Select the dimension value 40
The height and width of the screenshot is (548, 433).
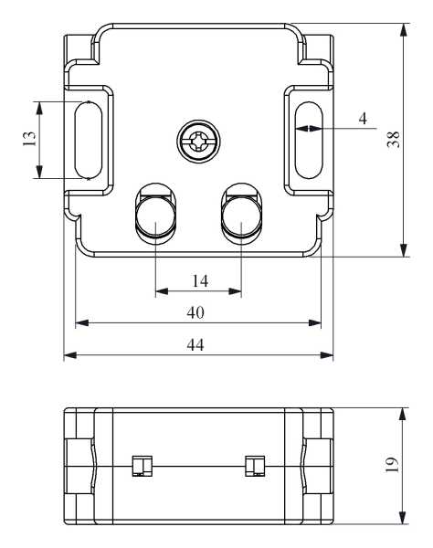tap(195, 311)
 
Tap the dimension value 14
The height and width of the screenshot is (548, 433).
tap(199, 280)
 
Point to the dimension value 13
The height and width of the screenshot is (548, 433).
tap(29, 140)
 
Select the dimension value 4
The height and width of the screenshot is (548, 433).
tap(363, 118)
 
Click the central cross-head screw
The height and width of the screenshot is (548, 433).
tap(197, 142)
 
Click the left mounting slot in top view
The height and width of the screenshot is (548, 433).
tap(87, 140)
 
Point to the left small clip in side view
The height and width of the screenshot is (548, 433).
tap(139, 466)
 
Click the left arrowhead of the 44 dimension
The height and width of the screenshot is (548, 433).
tap(69, 355)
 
